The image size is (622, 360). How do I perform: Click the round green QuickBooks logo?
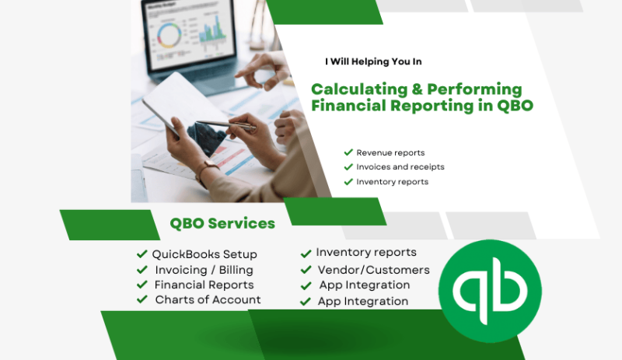click(490, 291)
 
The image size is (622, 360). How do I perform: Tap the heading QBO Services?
click(222, 223)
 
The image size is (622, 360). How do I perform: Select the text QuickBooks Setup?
click(204, 254)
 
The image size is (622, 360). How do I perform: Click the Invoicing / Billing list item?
click(204, 270)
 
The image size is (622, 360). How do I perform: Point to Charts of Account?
click(208, 299)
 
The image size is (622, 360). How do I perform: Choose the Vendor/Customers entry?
click(374, 270)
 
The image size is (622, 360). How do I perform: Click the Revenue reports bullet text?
click(390, 153)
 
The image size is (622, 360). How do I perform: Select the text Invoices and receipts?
click(400, 167)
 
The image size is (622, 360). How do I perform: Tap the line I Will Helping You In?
click(373, 61)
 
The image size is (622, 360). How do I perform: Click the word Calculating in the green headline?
click(359, 89)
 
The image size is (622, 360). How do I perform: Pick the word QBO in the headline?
click(515, 106)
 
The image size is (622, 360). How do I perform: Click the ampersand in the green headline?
click(417, 89)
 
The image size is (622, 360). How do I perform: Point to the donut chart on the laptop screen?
click(169, 35)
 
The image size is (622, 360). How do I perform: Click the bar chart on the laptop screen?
click(212, 30)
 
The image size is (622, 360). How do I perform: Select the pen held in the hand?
click(226, 124)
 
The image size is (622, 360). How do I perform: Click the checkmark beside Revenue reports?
click(348, 152)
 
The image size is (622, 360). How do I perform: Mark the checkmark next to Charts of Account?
click(142, 299)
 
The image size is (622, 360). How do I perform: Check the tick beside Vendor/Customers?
click(306, 270)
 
